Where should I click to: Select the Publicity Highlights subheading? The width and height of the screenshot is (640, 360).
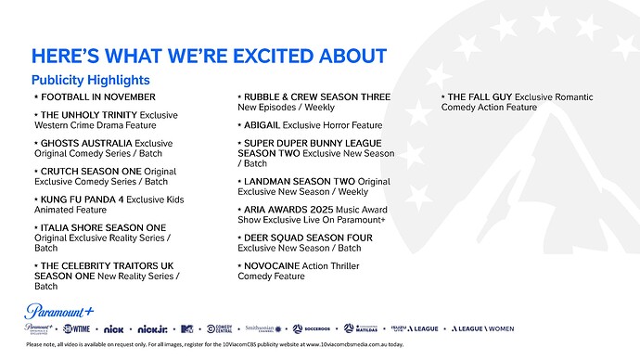click(91, 81)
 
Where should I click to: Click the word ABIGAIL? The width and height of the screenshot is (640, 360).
click(262, 124)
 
